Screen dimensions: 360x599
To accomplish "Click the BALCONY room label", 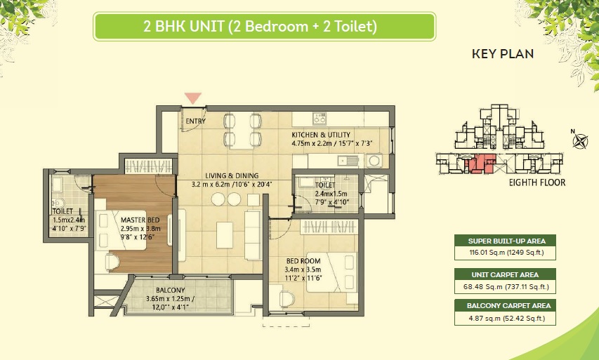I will point(171,291).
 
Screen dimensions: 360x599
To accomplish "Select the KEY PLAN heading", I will point(502,54).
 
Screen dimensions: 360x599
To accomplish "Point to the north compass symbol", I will point(580,140).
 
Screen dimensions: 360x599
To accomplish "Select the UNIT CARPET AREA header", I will point(503,274).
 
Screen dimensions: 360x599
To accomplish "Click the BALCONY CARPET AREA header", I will point(503,306).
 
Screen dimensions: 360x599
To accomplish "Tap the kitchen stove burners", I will point(320,117).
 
